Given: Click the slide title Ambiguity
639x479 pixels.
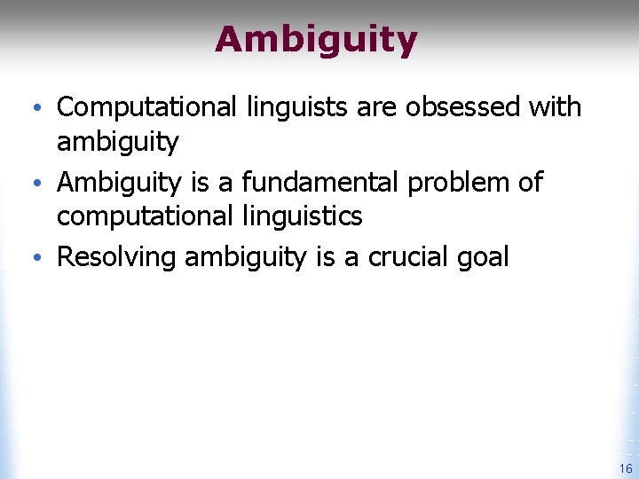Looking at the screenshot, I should pyautogui.click(x=315, y=40).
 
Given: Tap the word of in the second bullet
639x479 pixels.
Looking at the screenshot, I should pyautogui.click(x=531, y=183).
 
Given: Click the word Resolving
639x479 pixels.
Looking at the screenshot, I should pyautogui.click(x=116, y=258).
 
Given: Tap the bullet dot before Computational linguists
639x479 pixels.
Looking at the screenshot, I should pyautogui.click(x=45, y=109).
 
